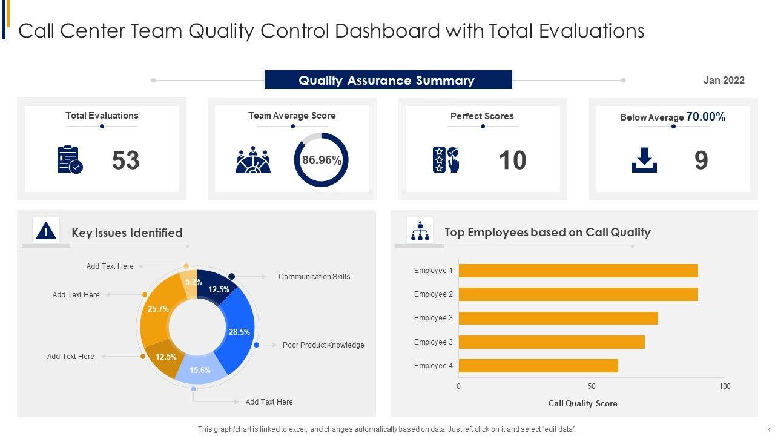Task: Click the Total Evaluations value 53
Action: tap(126, 160)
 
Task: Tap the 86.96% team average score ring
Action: tap(322, 160)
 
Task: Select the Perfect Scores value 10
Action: tap(512, 160)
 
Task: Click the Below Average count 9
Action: tap(701, 160)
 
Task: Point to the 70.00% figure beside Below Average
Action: tap(705, 117)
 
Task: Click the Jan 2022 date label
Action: tap(724, 80)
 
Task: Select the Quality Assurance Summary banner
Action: tap(387, 80)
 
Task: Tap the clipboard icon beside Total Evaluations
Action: tap(70, 160)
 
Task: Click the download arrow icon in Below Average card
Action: tap(644, 160)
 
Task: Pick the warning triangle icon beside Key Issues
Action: tap(46, 231)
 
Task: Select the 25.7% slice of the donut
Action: tap(157, 309)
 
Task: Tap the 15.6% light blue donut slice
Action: tap(200, 370)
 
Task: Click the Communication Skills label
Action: tap(314, 277)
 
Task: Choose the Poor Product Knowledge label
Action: tap(323, 345)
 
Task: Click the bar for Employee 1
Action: tap(578, 271)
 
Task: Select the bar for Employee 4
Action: tap(538, 366)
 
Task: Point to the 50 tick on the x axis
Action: tap(591, 386)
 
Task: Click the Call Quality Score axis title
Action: tap(582, 403)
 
